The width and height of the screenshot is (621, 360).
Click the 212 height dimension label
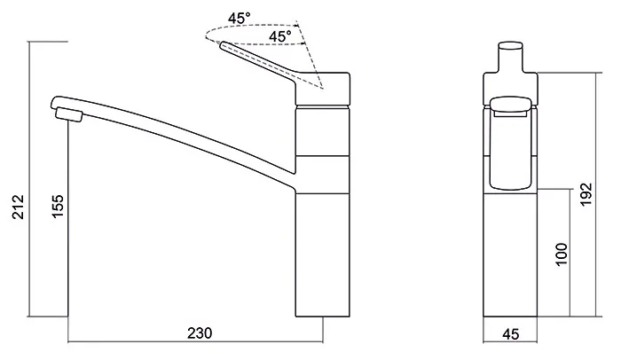coord(19,207)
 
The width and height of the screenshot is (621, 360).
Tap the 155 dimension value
coord(58,206)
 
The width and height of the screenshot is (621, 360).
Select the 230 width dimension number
coord(200,333)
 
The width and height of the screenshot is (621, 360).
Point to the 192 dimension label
coord(586,193)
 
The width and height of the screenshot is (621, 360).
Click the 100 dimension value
coord(562,254)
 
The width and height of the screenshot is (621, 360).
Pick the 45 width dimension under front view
coord(510,334)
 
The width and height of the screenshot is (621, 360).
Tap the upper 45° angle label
coord(239,18)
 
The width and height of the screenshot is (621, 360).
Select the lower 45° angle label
coord(280,36)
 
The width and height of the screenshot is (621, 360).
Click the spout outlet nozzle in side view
coord(69,114)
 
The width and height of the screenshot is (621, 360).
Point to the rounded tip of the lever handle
coord(223,44)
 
